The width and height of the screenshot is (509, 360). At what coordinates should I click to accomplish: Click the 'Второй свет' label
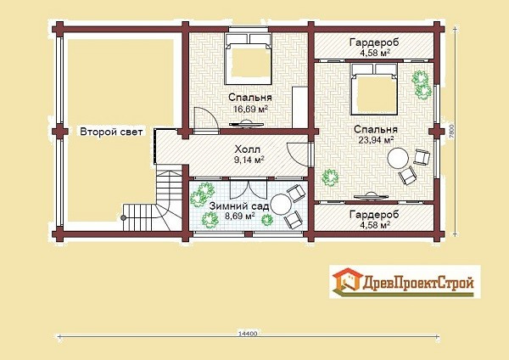pyautogui.click(x=111, y=132)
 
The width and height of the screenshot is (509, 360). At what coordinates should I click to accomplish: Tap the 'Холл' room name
pyautogui.click(x=248, y=149)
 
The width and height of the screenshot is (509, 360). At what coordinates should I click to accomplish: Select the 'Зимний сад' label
pyautogui.click(x=239, y=206)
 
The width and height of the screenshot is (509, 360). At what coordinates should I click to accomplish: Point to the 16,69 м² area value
pyautogui.click(x=250, y=109)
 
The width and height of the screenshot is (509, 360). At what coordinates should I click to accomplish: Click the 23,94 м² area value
pyautogui.click(x=376, y=140)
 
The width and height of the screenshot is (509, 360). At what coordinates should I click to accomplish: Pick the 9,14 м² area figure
pyautogui.click(x=249, y=160)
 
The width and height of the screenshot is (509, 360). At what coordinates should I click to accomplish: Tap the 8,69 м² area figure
pyautogui.click(x=239, y=216)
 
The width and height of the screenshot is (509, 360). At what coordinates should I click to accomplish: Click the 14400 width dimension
pyautogui.click(x=248, y=333)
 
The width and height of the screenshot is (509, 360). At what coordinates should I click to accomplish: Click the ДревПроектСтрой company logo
pyautogui.click(x=405, y=282)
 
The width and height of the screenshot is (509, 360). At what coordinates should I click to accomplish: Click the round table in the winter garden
pyautogui.click(x=281, y=204)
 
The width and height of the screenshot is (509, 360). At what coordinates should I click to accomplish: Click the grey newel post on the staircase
pyautogui.click(x=123, y=218)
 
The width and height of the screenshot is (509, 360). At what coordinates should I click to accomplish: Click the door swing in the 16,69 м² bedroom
pyautogui.click(x=205, y=119)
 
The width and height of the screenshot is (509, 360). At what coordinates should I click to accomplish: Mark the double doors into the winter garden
pyautogui.click(x=249, y=190)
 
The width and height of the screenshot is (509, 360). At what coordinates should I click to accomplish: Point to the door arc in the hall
pyautogui.click(x=298, y=155)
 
